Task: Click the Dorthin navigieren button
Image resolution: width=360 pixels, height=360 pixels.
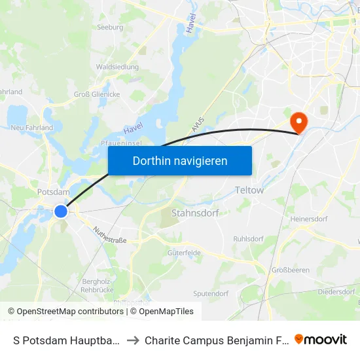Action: click(x=180, y=160)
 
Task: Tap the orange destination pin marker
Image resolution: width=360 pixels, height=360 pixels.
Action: click(x=299, y=121)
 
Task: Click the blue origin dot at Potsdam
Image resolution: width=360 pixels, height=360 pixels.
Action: click(x=61, y=211)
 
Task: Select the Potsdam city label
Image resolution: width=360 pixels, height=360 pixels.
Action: click(x=54, y=192)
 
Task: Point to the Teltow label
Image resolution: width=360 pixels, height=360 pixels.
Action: click(x=249, y=190)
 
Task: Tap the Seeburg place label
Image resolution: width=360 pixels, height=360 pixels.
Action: click(x=110, y=27)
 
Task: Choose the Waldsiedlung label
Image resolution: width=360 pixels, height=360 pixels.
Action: click(x=117, y=67)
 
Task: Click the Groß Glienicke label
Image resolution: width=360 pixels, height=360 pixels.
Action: click(x=96, y=94)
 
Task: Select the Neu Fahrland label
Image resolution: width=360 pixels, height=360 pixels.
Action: click(x=31, y=128)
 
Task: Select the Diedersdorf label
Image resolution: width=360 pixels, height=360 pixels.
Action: click(x=336, y=291)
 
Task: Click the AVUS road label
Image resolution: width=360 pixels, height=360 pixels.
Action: click(x=198, y=125)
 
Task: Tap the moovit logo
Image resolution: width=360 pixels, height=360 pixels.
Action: click(x=321, y=339)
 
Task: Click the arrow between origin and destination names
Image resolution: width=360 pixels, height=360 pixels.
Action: click(x=132, y=340)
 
